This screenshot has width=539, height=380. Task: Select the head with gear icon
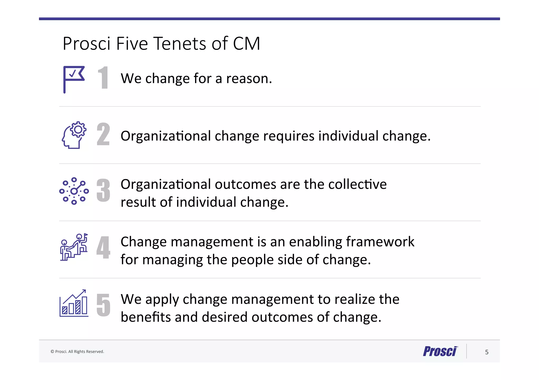[74, 135]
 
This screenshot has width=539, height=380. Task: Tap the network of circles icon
[74, 191]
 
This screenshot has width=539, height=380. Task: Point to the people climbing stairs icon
[74, 247]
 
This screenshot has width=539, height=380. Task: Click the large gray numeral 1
[103, 78]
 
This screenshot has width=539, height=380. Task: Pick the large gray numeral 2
[103, 134]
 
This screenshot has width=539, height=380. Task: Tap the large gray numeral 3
[103, 191]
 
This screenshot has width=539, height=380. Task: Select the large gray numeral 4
[103, 247]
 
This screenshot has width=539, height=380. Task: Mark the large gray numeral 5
[103, 305]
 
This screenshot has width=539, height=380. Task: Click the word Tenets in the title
[180, 44]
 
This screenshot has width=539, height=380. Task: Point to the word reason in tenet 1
[249, 79]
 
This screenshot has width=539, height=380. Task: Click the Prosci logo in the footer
[440, 351]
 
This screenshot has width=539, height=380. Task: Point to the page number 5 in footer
[487, 352]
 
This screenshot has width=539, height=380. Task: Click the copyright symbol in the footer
[52, 352]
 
